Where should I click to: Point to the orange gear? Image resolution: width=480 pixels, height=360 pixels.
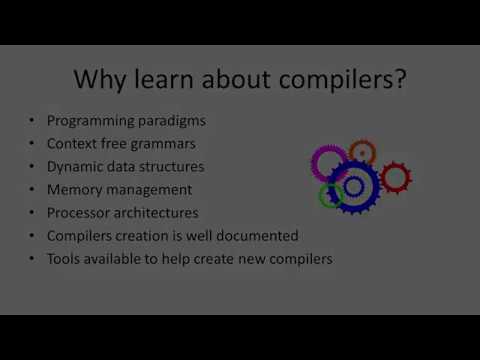pos(362,153)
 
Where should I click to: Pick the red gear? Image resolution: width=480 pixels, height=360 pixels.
pos(396,178)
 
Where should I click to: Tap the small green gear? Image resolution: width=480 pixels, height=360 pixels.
pos(331,195)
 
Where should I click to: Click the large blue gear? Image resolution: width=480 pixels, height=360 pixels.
pos(354,186)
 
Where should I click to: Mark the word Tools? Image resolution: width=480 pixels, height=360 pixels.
pos(64,259)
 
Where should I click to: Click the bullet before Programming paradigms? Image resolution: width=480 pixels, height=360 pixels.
pos(33,121)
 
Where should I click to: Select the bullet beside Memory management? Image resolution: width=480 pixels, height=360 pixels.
pos(33,190)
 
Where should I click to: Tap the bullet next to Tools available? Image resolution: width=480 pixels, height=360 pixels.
pos(33,259)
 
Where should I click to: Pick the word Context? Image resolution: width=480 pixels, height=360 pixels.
pos(73,144)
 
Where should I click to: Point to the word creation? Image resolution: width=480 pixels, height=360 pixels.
pos(147,236)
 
